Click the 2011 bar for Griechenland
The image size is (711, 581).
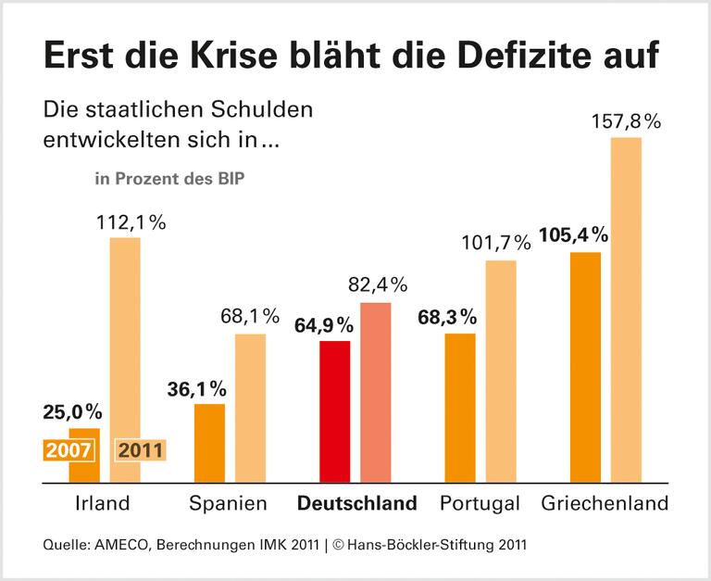pyautogui.click(x=627, y=310)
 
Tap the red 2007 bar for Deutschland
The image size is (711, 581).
pyautogui.click(x=335, y=412)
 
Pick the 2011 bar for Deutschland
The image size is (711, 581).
pyautogui.click(x=376, y=393)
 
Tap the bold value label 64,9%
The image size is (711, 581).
pyautogui.click(x=325, y=325)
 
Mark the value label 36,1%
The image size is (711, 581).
pyautogui.click(x=198, y=388)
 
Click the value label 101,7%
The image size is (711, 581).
pyautogui.click(x=497, y=245)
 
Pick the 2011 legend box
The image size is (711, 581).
pyautogui.click(x=140, y=450)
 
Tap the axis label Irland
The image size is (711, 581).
pyautogui.click(x=103, y=504)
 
